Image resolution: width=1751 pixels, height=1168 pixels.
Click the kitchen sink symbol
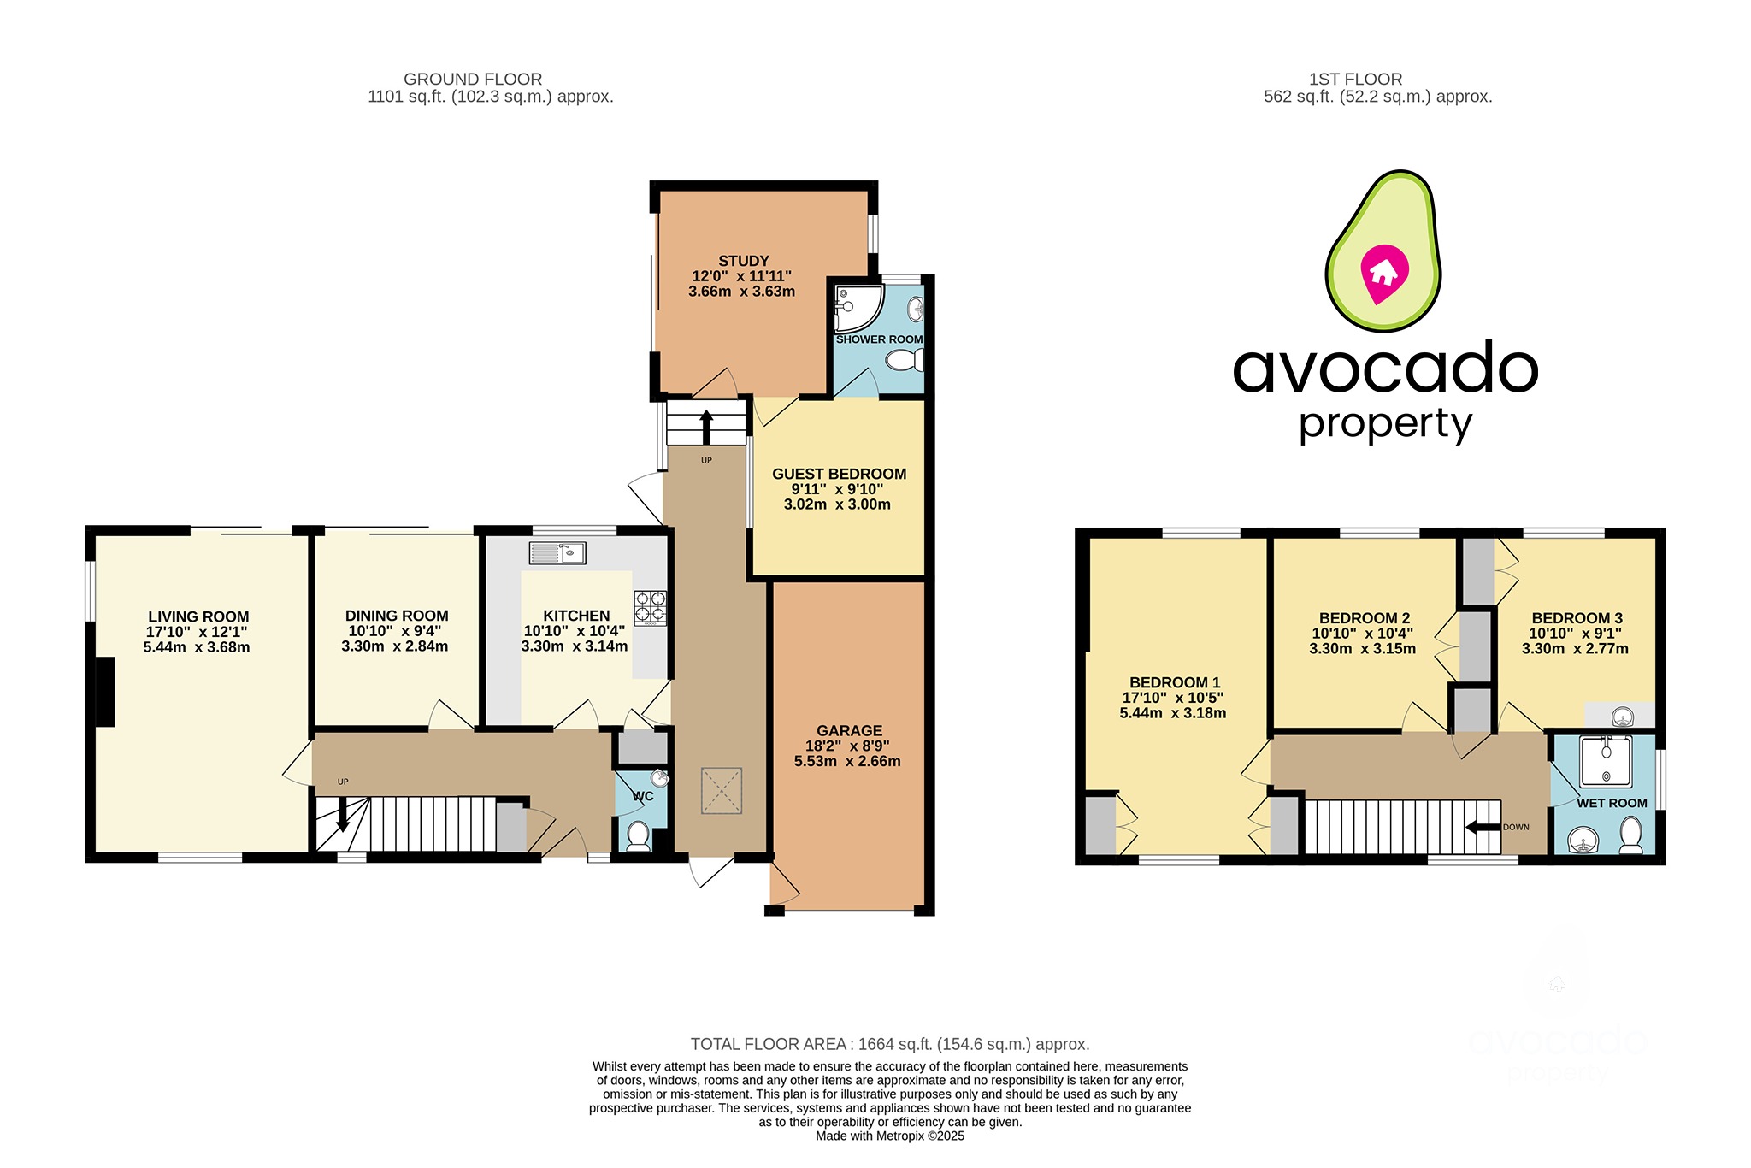557,553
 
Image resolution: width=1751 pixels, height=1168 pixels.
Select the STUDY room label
743,261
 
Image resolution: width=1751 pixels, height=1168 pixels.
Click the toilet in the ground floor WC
638,835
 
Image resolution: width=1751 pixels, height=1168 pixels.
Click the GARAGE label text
849,731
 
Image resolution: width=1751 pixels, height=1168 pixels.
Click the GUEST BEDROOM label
839,474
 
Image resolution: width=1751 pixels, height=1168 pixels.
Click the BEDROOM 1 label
1174,682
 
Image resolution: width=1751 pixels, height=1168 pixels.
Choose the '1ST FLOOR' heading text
1355,79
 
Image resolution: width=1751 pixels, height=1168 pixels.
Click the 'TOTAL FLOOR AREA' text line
889,1044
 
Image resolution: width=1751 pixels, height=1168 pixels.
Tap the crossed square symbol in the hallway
721,791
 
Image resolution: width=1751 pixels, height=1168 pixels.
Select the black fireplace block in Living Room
104,692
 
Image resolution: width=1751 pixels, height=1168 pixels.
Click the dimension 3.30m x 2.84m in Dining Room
394,646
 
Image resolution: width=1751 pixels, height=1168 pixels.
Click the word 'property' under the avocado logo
1385,424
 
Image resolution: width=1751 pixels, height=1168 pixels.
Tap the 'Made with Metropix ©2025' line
889,1136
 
